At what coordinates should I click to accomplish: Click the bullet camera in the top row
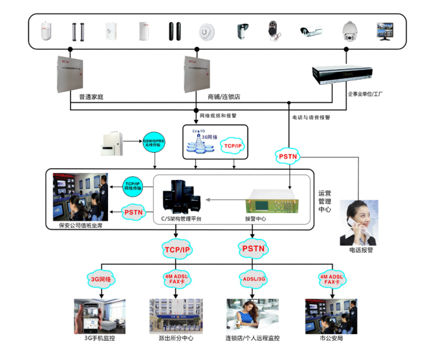click(x=311, y=30)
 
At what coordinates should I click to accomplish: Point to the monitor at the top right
click(x=386, y=30)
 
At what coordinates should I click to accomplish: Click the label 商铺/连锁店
click(x=224, y=97)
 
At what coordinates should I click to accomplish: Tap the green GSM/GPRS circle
click(x=155, y=144)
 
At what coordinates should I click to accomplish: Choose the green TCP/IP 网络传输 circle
click(x=133, y=186)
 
